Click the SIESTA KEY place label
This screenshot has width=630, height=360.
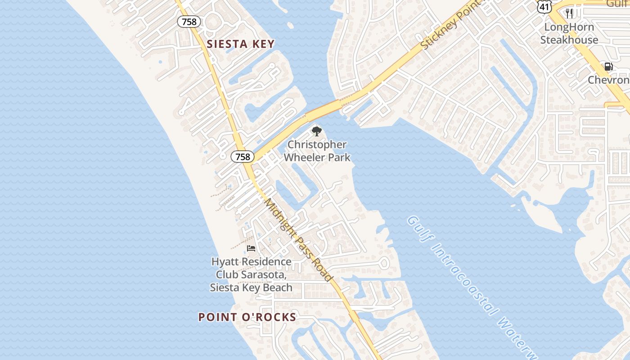[x=240, y=44]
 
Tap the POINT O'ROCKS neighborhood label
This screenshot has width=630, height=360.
[x=247, y=317]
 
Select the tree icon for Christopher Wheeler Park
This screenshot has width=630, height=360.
[x=317, y=131]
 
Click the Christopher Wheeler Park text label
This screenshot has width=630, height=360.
[x=317, y=151]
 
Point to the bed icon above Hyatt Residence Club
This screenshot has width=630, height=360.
[x=251, y=248]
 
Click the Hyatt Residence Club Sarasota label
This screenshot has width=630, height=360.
[x=251, y=274]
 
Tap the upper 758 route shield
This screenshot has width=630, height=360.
[x=189, y=21]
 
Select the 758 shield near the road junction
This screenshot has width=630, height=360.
[x=243, y=157]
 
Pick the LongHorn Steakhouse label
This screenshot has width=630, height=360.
[x=569, y=33]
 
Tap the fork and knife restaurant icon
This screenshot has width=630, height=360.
[x=569, y=13]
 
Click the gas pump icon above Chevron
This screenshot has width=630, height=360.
[x=608, y=67]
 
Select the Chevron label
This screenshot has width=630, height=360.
[x=609, y=80]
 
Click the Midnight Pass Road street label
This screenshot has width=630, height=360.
[x=298, y=239]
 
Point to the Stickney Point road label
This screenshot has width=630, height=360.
[x=447, y=27]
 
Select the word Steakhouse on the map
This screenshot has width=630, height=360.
[x=569, y=40]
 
